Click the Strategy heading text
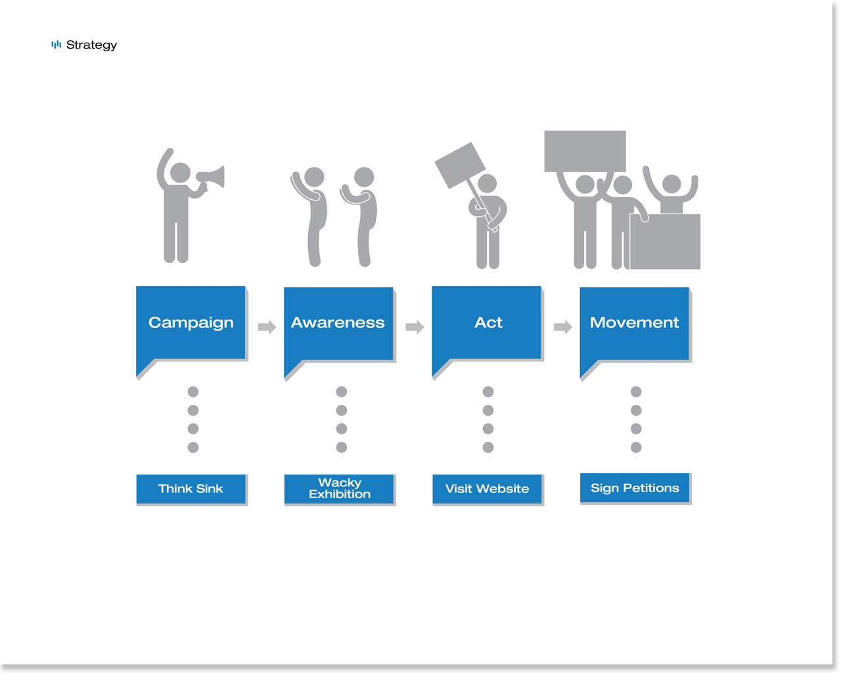91,45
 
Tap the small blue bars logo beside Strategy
57,44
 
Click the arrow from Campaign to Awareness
267,327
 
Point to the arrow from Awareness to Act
415,327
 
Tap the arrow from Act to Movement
563,327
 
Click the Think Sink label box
191,489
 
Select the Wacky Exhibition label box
339,489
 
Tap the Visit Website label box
487,489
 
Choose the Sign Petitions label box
635,488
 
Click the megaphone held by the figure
211,178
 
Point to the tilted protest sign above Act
460,166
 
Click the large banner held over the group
585,151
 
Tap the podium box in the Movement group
665,242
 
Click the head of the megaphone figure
181,172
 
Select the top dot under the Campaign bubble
193,392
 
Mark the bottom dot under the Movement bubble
636,447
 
